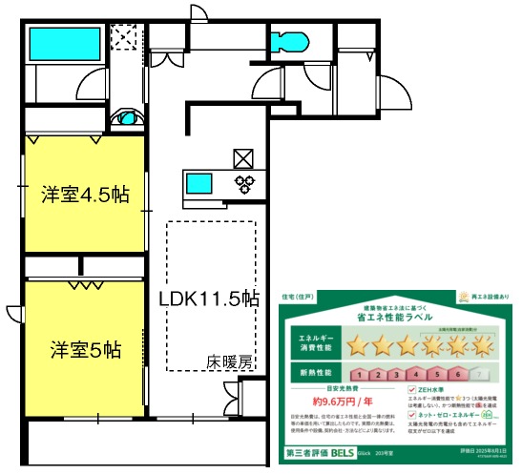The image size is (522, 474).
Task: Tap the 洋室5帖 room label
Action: (85, 349)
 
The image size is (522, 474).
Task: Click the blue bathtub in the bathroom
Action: (59, 42)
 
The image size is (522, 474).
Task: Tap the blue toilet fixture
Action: (285, 42)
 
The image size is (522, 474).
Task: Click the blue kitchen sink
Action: (201, 182)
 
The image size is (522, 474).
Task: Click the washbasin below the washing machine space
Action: (126, 119)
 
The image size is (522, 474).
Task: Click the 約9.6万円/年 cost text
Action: (330, 402)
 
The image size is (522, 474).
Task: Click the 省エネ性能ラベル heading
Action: (398, 315)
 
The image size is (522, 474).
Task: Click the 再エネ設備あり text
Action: (490, 298)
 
